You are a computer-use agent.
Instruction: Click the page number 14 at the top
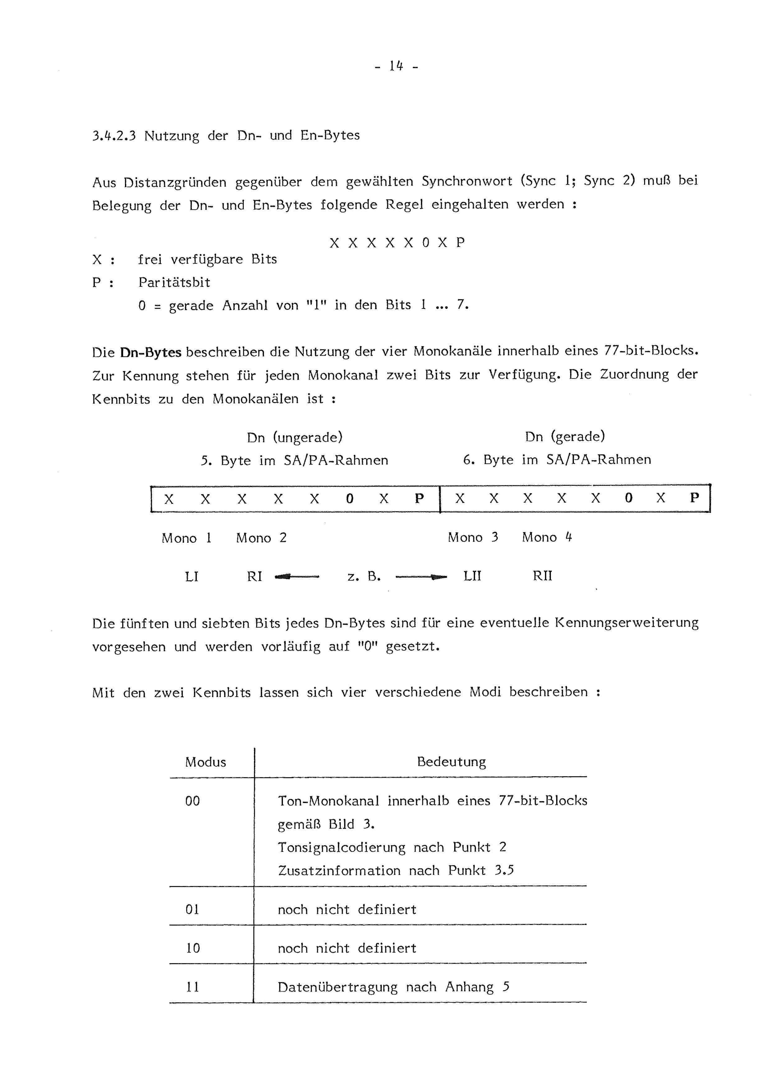396,66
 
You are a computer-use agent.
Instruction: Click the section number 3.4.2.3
114,136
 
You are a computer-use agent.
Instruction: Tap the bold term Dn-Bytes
150,352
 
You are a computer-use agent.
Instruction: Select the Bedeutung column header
451,762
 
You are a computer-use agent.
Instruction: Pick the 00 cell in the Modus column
192,801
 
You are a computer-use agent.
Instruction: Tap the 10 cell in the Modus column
192,949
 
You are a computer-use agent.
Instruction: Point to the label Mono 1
186,538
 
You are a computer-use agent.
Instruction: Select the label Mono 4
547,537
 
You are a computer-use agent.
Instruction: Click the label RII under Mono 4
542,576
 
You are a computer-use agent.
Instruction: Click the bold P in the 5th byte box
419,499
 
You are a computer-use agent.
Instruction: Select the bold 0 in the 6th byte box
629,498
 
